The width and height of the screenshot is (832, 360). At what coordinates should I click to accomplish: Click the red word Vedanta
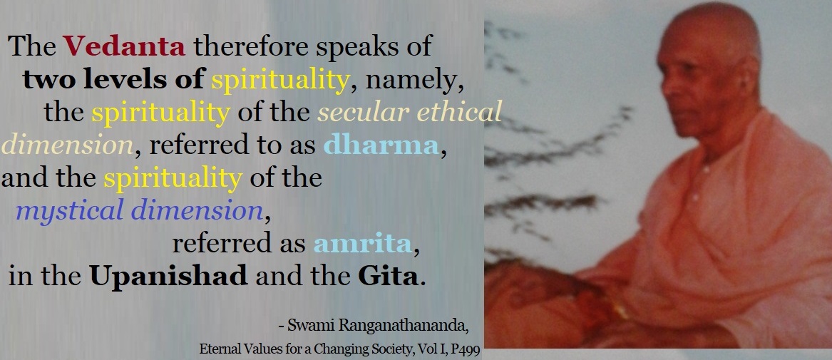click(x=124, y=46)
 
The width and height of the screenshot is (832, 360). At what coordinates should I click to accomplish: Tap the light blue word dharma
click(x=381, y=145)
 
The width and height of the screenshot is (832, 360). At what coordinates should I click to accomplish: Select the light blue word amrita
click(x=363, y=244)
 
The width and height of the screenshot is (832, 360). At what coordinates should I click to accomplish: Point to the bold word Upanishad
click(x=169, y=276)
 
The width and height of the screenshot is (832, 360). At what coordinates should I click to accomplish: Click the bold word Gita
click(x=388, y=276)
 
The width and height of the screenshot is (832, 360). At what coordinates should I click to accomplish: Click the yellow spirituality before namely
click(x=280, y=81)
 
